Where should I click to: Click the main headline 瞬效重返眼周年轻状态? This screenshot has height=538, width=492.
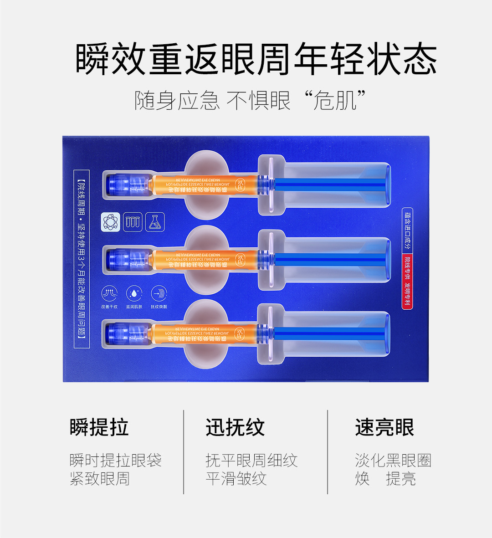coord(256,60)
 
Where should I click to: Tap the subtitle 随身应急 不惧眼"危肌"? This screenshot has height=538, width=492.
coord(250,100)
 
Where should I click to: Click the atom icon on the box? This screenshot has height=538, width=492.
coord(110,222)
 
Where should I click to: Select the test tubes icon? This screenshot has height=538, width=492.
coord(133,222)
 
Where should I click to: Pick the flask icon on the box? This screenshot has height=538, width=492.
coord(155,222)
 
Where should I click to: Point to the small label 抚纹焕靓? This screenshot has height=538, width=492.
coord(159,307)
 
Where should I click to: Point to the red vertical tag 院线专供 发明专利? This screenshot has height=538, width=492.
coord(408,282)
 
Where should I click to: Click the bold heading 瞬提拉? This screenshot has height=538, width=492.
coord(99,428)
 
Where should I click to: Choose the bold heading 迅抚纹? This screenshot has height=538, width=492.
coord(235,428)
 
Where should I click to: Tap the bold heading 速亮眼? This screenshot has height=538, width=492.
coord(384,428)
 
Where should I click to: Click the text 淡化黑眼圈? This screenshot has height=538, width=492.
coord(393,461)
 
